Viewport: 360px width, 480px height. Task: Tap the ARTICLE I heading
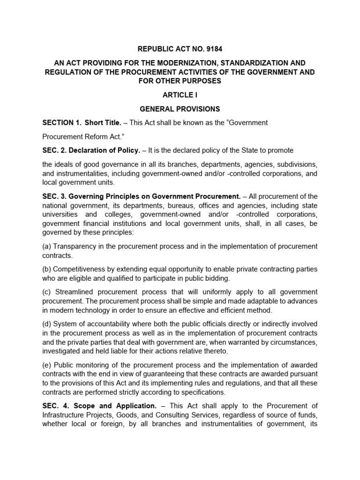pyautogui.click(x=180, y=94)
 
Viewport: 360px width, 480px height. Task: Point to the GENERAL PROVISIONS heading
pyautogui.click(x=180, y=109)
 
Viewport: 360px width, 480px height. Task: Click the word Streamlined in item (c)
pyautogui.click(x=74, y=292)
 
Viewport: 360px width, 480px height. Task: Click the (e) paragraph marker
pyautogui.click(x=47, y=365)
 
